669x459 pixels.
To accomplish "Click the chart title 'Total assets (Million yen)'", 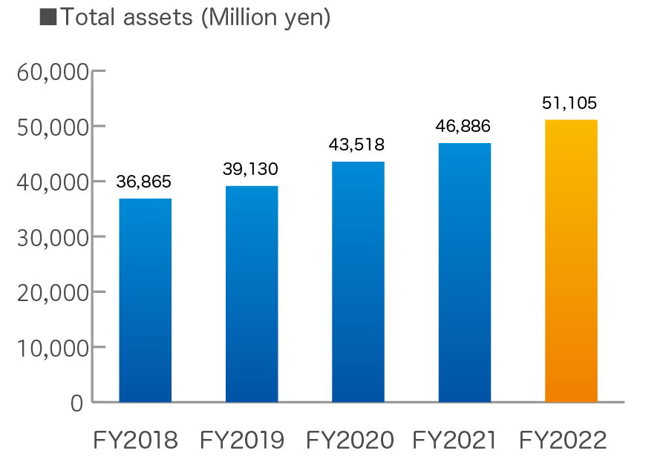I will [x=194, y=18].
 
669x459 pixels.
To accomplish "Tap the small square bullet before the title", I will [x=48, y=18].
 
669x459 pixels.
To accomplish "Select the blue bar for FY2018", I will [x=145, y=300].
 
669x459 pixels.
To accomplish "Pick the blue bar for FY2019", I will [x=251, y=294].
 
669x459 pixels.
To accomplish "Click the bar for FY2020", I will [x=358, y=282].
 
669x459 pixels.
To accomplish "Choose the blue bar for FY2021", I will [x=464, y=272].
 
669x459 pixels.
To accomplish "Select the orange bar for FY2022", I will [x=570, y=261].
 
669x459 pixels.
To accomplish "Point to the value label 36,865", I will [x=144, y=182].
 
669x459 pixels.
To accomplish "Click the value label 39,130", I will [x=250, y=170].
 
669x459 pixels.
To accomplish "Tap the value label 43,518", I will [x=357, y=145].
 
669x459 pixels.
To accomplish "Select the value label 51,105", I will [x=570, y=103].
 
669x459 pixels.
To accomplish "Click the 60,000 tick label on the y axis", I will [x=50, y=73].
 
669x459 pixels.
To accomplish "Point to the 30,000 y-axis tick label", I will [x=50, y=238].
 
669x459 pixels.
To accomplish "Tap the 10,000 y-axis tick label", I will [x=50, y=348].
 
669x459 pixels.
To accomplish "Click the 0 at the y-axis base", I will [x=77, y=403].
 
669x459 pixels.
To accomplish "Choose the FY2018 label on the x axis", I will [x=136, y=441].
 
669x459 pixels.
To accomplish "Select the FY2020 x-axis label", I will [x=350, y=441].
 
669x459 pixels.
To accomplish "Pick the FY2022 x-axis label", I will [x=563, y=441].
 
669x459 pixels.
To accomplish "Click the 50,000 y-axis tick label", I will [x=50, y=128].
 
